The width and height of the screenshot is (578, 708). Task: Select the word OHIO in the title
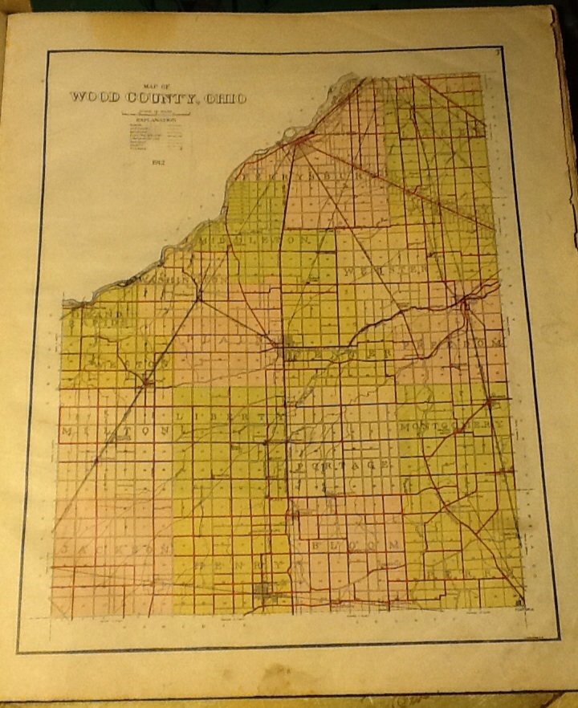click(x=227, y=98)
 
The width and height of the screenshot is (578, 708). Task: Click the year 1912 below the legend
click(x=157, y=165)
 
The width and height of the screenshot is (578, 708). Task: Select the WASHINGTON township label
click(x=179, y=280)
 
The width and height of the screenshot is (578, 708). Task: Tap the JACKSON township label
click(x=112, y=548)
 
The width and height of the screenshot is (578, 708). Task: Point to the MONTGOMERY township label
click(x=454, y=425)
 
